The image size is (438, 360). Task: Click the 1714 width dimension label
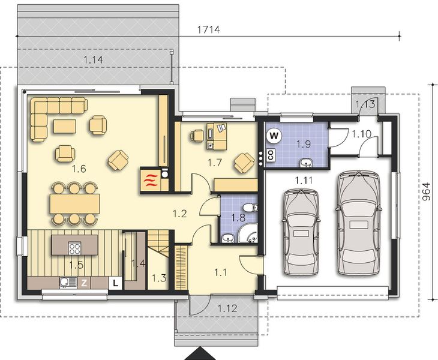click(x=209, y=29)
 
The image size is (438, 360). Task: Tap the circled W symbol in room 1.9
click(x=274, y=136)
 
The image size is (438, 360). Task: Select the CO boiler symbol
click(x=271, y=155)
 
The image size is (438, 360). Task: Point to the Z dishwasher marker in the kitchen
click(x=84, y=283)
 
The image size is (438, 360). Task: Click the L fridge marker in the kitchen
click(x=115, y=283)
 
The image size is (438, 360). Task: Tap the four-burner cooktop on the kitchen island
click(x=74, y=248)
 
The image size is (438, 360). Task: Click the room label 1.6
click(x=79, y=169)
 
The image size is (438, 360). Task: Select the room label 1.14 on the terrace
click(x=93, y=59)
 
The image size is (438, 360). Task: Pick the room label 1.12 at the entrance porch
click(x=227, y=308)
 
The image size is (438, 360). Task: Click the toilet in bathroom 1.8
click(x=249, y=208)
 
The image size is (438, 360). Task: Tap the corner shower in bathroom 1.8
click(x=248, y=233)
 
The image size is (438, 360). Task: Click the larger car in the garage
click(x=358, y=223)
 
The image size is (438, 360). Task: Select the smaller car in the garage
click(x=301, y=232)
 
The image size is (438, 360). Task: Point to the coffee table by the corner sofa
click(x=65, y=126)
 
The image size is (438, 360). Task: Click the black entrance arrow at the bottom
click(x=200, y=353)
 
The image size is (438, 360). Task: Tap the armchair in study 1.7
click(x=244, y=163)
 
